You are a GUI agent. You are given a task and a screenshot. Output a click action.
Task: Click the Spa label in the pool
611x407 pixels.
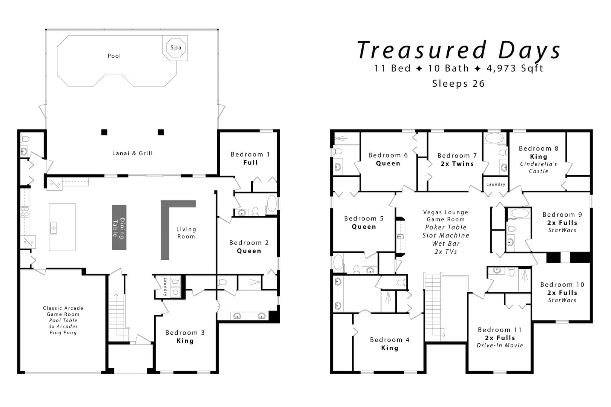click(176, 47)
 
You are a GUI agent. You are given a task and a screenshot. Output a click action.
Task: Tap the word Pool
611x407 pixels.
click(114, 56)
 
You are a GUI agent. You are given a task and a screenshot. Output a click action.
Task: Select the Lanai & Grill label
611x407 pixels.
click(132, 153)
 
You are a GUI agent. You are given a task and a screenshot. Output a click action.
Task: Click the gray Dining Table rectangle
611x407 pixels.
click(119, 227)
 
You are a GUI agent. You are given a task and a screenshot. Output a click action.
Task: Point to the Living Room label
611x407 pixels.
click(186, 233)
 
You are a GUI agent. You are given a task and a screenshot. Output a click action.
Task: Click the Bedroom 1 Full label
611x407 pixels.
click(250, 158)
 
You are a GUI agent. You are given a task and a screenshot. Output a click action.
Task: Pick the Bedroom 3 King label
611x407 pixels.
click(185, 337)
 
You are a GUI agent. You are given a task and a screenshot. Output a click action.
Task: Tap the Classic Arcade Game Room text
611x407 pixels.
click(63, 311)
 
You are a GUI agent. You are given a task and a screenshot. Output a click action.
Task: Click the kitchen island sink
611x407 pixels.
click(54, 228)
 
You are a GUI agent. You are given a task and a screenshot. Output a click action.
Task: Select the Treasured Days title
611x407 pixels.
click(459, 50)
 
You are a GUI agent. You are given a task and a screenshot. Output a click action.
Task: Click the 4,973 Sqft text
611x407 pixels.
click(515, 68)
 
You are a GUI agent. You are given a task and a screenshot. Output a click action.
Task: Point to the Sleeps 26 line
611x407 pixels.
click(459, 83)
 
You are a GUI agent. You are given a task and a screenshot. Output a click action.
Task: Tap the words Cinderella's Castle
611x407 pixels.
click(539, 167)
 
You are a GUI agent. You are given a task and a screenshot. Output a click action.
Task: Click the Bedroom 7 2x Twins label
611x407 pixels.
click(457, 159)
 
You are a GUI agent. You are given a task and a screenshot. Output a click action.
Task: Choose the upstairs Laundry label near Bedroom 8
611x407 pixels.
click(496, 184)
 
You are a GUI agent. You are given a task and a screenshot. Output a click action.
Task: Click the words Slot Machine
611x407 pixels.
click(446, 235)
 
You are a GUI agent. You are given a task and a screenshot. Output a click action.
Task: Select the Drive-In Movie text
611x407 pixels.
click(500, 346)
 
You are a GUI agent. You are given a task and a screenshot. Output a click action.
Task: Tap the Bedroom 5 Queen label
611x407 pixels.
click(364, 222)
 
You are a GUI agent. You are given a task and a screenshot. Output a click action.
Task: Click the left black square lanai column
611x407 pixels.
click(104, 132)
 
